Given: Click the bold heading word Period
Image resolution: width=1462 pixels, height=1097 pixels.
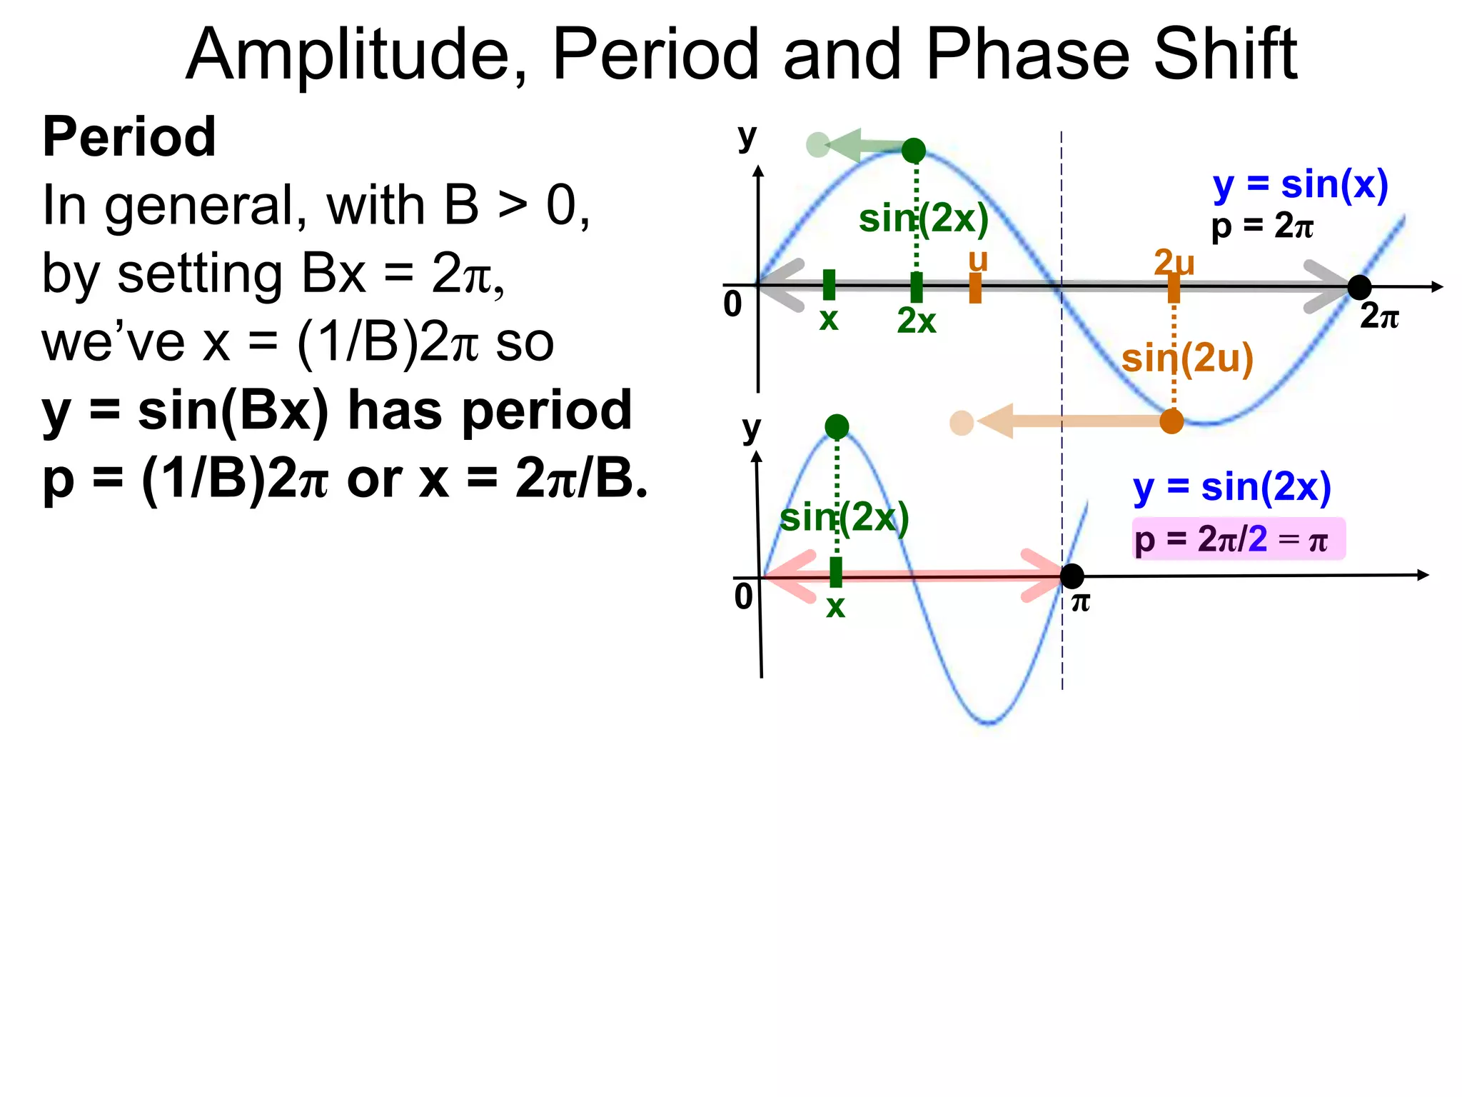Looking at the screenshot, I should (129, 136).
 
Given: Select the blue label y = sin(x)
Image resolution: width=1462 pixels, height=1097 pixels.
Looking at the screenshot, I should (1300, 185).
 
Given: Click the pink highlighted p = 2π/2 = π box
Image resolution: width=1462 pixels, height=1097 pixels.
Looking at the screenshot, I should (1238, 539).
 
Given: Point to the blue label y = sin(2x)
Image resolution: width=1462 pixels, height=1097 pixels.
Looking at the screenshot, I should (1232, 487).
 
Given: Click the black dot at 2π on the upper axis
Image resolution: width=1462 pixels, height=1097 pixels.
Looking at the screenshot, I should (1359, 287).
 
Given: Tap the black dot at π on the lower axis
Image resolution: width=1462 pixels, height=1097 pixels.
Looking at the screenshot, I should (1072, 576).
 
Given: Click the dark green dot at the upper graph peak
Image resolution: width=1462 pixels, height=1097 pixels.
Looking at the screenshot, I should (914, 151).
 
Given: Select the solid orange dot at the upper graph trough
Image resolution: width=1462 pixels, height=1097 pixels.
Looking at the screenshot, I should (1171, 421).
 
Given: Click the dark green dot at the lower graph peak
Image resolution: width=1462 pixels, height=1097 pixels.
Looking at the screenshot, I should (837, 427).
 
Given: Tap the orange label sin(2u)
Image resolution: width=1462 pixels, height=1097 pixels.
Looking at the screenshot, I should (1187, 359).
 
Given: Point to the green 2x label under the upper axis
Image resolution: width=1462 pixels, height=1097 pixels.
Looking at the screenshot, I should (916, 321).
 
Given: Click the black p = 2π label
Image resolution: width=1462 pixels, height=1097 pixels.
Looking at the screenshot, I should (1262, 226).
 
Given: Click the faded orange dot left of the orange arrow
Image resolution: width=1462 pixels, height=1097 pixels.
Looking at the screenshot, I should (962, 423).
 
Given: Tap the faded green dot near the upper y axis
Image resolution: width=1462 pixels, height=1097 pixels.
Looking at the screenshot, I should (817, 145).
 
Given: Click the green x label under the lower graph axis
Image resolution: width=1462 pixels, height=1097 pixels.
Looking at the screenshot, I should (835, 607).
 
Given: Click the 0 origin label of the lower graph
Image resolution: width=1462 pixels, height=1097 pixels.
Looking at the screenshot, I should (743, 596).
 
